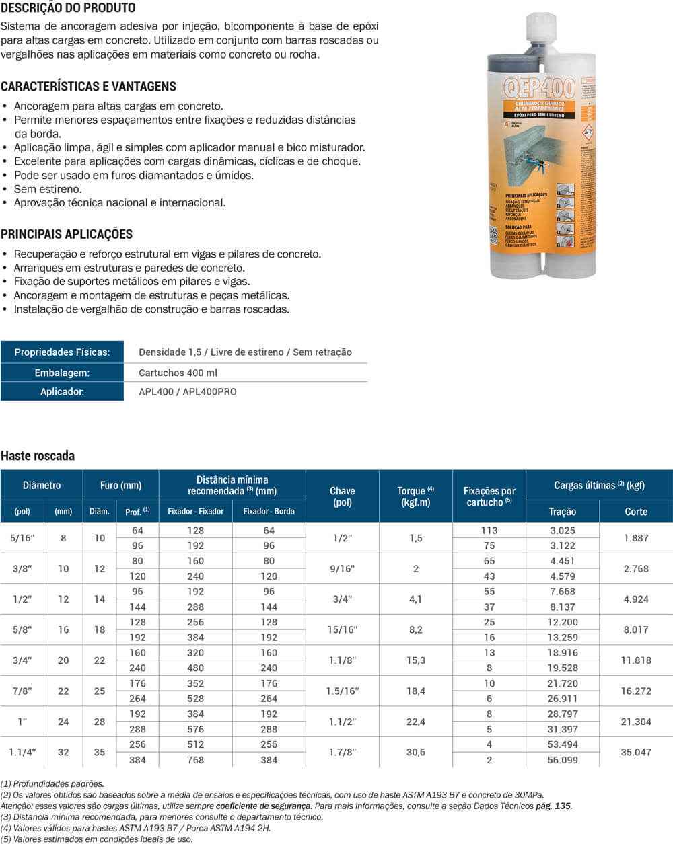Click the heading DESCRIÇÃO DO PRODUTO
pos(68,8)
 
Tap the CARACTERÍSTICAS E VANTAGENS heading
pos(88,87)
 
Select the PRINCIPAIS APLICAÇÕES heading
pos(67,235)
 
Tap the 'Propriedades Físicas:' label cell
pos(62,352)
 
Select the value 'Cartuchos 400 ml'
pos(178,373)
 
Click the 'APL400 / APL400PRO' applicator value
pos(187,391)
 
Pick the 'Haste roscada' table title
pos(38,456)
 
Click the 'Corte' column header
pos(635,512)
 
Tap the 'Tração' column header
pos(562,512)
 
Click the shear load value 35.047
pos(636,753)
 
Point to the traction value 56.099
pos(562,760)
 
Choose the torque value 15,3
pos(415,660)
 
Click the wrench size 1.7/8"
pos(343,753)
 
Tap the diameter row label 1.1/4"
pos(22,753)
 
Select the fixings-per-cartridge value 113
pos(489,531)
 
